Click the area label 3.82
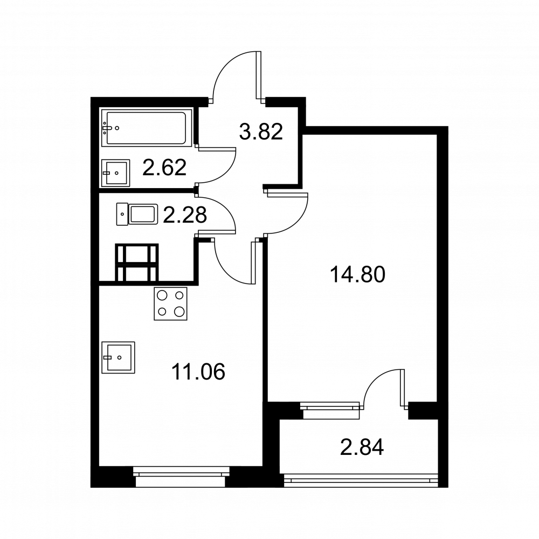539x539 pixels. click(261, 132)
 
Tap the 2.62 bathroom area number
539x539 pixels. click(164, 168)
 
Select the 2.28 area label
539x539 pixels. click(184, 215)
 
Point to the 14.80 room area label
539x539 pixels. click(357, 275)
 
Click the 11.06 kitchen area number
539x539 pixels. click(198, 371)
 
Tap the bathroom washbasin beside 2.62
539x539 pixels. click(116, 173)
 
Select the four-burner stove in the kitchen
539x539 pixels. click(170, 304)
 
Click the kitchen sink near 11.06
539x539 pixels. click(118, 357)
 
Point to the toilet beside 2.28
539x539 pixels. click(137, 215)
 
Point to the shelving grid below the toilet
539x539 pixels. click(137, 262)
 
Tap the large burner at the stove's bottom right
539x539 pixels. click(179, 312)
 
